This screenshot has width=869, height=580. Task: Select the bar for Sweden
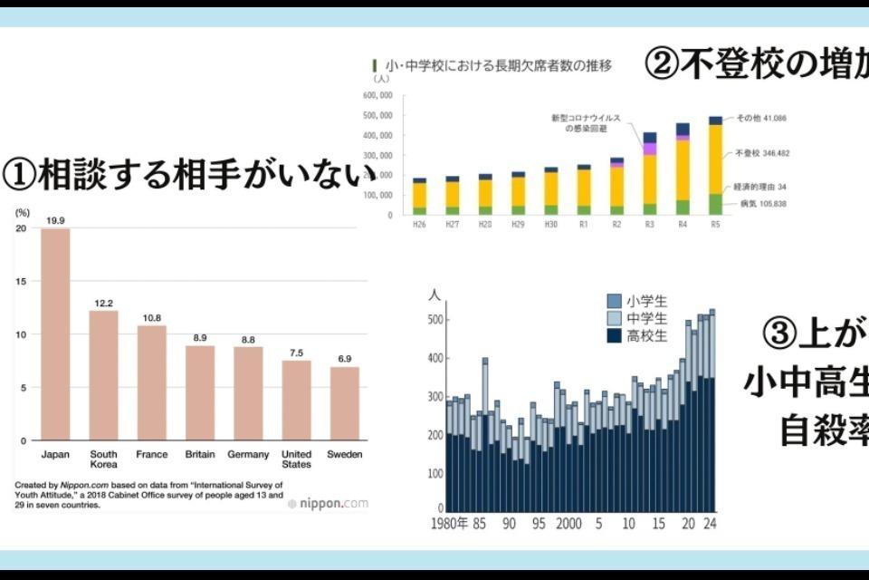click(x=344, y=403)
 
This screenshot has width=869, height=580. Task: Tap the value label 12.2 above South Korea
click(x=103, y=303)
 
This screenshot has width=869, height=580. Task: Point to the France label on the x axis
click(x=151, y=454)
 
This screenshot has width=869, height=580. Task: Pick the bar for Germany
click(x=248, y=393)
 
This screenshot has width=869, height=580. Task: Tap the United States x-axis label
click(x=296, y=459)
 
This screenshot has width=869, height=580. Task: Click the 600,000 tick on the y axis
click(x=377, y=95)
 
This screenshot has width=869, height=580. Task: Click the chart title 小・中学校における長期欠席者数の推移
click(x=499, y=65)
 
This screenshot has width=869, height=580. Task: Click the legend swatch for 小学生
click(x=615, y=301)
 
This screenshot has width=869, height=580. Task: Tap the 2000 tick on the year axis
click(x=568, y=524)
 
